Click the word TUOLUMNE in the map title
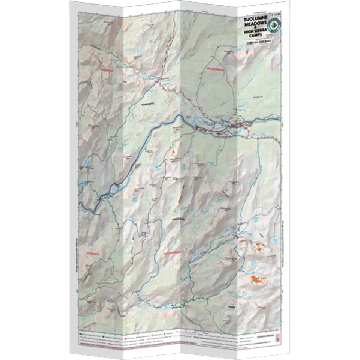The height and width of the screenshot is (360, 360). coord(253,18)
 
